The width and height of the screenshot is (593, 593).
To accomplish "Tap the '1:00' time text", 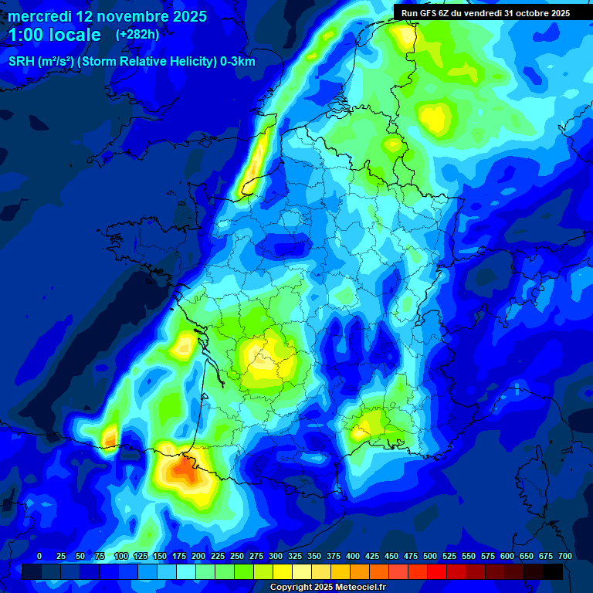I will pyautogui.click(x=29, y=35).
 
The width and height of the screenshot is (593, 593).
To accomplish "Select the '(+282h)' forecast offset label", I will pyautogui.click(x=137, y=35).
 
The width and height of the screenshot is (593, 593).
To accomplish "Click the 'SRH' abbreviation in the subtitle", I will pyautogui.click(x=22, y=62).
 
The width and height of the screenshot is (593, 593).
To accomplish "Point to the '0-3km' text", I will pyautogui.click(x=238, y=62).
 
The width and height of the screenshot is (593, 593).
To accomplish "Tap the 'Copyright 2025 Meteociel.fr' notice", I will pyautogui.click(x=327, y=588).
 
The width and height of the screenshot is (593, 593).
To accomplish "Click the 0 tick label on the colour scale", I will pyautogui.click(x=39, y=557).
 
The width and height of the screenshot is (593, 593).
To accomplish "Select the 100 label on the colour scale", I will pyautogui.click(x=121, y=557).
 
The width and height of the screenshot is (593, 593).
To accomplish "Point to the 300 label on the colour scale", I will pyautogui.click(x=276, y=557).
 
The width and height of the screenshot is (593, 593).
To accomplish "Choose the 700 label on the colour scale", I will pyautogui.click(x=565, y=557).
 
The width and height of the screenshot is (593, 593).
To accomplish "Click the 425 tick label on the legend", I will pyautogui.click(x=372, y=557).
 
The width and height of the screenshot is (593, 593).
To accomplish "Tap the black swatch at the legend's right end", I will pyautogui.click(x=553, y=571).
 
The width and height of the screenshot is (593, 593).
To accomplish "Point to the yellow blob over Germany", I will pyautogui.click(x=434, y=118).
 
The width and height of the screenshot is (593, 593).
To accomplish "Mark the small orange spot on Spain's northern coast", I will pyautogui.click(x=109, y=438).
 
